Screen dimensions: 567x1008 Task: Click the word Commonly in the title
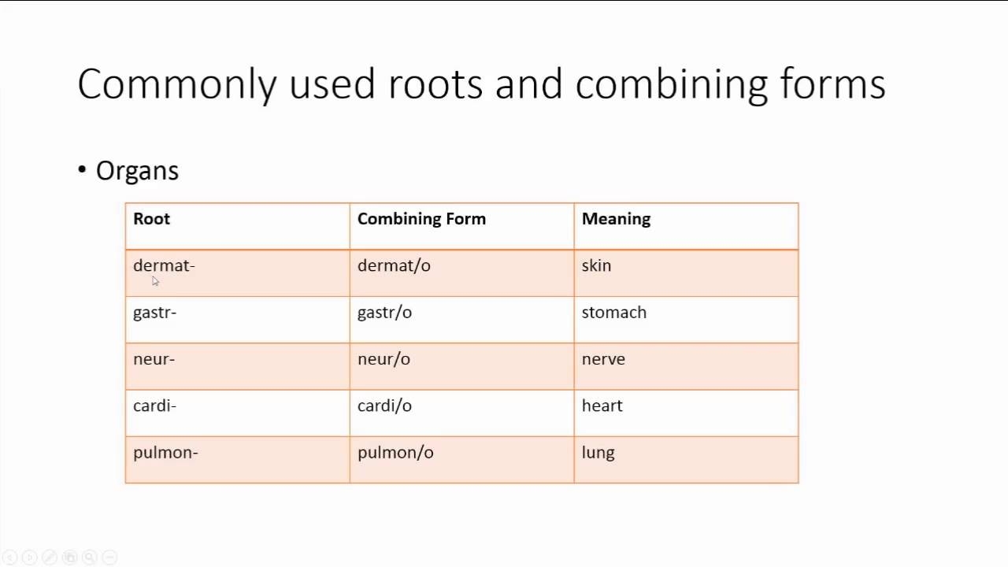click(x=177, y=84)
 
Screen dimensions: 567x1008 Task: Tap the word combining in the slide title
click(x=671, y=84)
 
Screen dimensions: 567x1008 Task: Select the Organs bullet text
click(x=137, y=171)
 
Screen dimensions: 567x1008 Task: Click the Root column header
click(x=151, y=219)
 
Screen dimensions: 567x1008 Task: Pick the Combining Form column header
click(x=421, y=219)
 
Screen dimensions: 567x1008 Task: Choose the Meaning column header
click(x=616, y=219)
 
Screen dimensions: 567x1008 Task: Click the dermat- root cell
click(x=164, y=265)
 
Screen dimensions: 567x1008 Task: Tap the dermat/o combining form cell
click(x=394, y=265)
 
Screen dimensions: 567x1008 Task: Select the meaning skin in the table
click(x=596, y=265)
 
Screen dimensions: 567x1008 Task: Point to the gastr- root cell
click(x=154, y=313)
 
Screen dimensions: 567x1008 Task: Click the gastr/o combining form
click(x=384, y=313)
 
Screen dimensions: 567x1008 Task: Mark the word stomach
click(x=613, y=313)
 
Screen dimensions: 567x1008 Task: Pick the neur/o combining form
click(x=384, y=359)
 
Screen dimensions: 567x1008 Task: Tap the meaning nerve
click(x=603, y=359)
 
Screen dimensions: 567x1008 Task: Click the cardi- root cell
click(x=154, y=406)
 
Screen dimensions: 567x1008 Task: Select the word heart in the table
click(x=602, y=406)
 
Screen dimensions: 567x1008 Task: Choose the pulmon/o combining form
click(x=395, y=453)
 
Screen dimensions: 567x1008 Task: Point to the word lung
click(x=598, y=453)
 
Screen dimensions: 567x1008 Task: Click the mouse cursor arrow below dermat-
click(x=155, y=281)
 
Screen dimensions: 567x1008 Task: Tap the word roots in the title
click(x=435, y=84)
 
